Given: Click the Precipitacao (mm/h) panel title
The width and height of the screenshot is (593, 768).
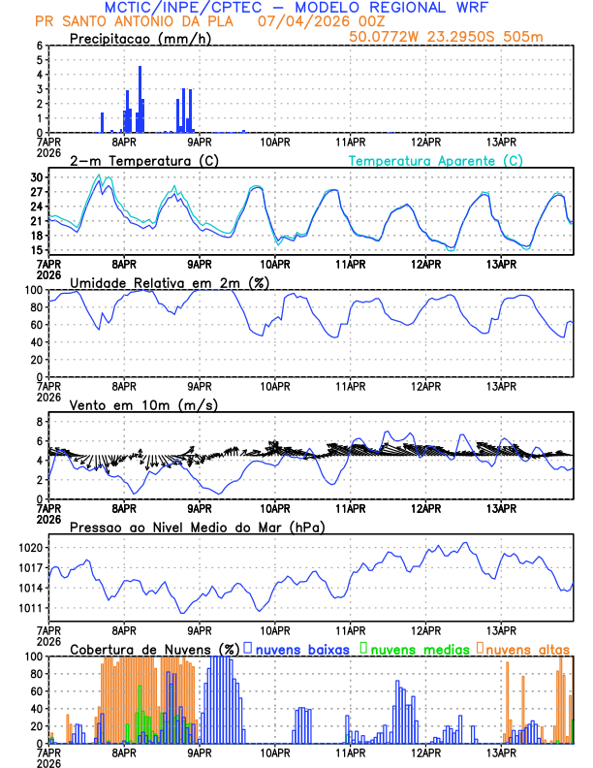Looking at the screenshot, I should (x=141, y=38).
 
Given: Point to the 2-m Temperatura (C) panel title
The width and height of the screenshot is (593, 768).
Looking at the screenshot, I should (x=136, y=160).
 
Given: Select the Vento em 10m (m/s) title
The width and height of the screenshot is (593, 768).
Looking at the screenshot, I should (x=130, y=404).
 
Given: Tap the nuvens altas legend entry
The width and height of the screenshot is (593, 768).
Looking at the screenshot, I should (x=524, y=649).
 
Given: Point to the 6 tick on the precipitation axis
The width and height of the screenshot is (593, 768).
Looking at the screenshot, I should (x=39, y=46).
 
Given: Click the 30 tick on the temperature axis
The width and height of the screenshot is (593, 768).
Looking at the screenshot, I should (x=37, y=177).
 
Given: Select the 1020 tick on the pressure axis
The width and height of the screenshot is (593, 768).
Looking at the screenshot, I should (x=31, y=547).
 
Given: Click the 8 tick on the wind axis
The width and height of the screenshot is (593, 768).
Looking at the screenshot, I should (x=39, y=422).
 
